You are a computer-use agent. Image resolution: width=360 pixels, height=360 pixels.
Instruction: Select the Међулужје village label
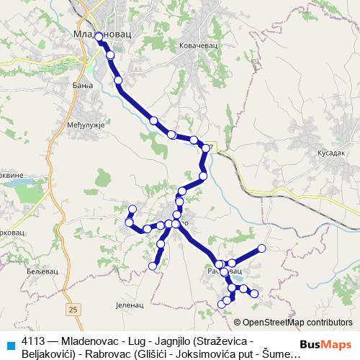(91, 125)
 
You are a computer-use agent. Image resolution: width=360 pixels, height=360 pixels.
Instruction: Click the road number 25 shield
(73, 309)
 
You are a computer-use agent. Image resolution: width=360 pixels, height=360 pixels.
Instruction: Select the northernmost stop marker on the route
(99, 35)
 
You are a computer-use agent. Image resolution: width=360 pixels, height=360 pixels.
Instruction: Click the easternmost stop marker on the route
(262, 248)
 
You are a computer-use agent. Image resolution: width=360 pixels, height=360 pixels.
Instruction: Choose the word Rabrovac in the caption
(109, 353)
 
